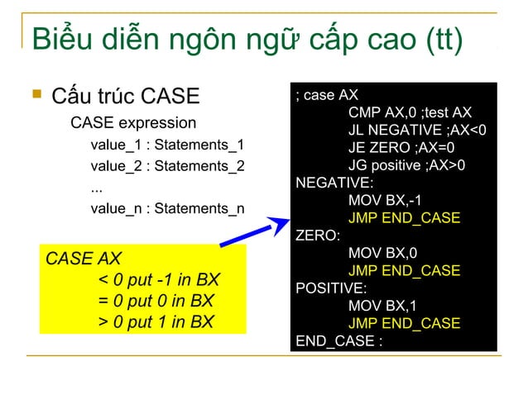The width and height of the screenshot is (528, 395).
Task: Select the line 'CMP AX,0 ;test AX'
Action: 410,112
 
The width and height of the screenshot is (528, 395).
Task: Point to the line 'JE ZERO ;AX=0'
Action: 400,147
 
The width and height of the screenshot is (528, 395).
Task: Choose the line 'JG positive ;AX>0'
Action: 406,165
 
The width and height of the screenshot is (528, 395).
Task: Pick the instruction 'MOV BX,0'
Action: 383,253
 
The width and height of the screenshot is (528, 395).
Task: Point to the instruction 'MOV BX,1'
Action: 383,306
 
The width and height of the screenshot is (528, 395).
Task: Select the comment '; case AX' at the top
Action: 326,95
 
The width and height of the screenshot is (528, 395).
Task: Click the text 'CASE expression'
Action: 133,124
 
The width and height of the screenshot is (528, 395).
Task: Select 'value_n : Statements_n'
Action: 167,208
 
